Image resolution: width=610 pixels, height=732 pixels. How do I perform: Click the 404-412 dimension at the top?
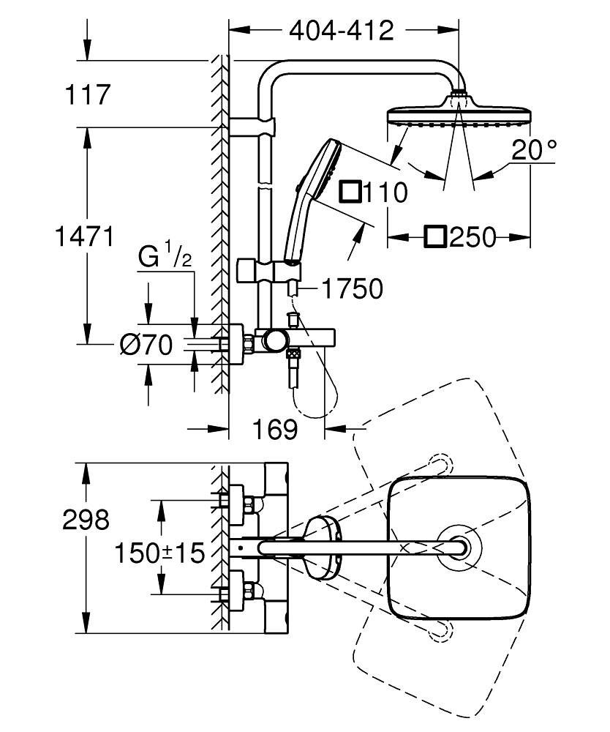point(342,30)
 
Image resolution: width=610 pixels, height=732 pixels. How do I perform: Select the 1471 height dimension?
point(86,236)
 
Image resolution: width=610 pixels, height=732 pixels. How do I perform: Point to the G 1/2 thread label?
point(166,258)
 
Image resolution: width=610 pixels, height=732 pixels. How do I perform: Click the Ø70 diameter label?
point(147,344)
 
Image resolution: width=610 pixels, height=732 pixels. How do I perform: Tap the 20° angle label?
point(534,151)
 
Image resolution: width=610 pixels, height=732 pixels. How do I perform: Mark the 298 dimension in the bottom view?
point(86,520)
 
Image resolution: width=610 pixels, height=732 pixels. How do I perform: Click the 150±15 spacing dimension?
point(159,553)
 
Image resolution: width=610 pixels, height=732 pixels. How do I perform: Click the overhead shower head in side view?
point(459,116)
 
